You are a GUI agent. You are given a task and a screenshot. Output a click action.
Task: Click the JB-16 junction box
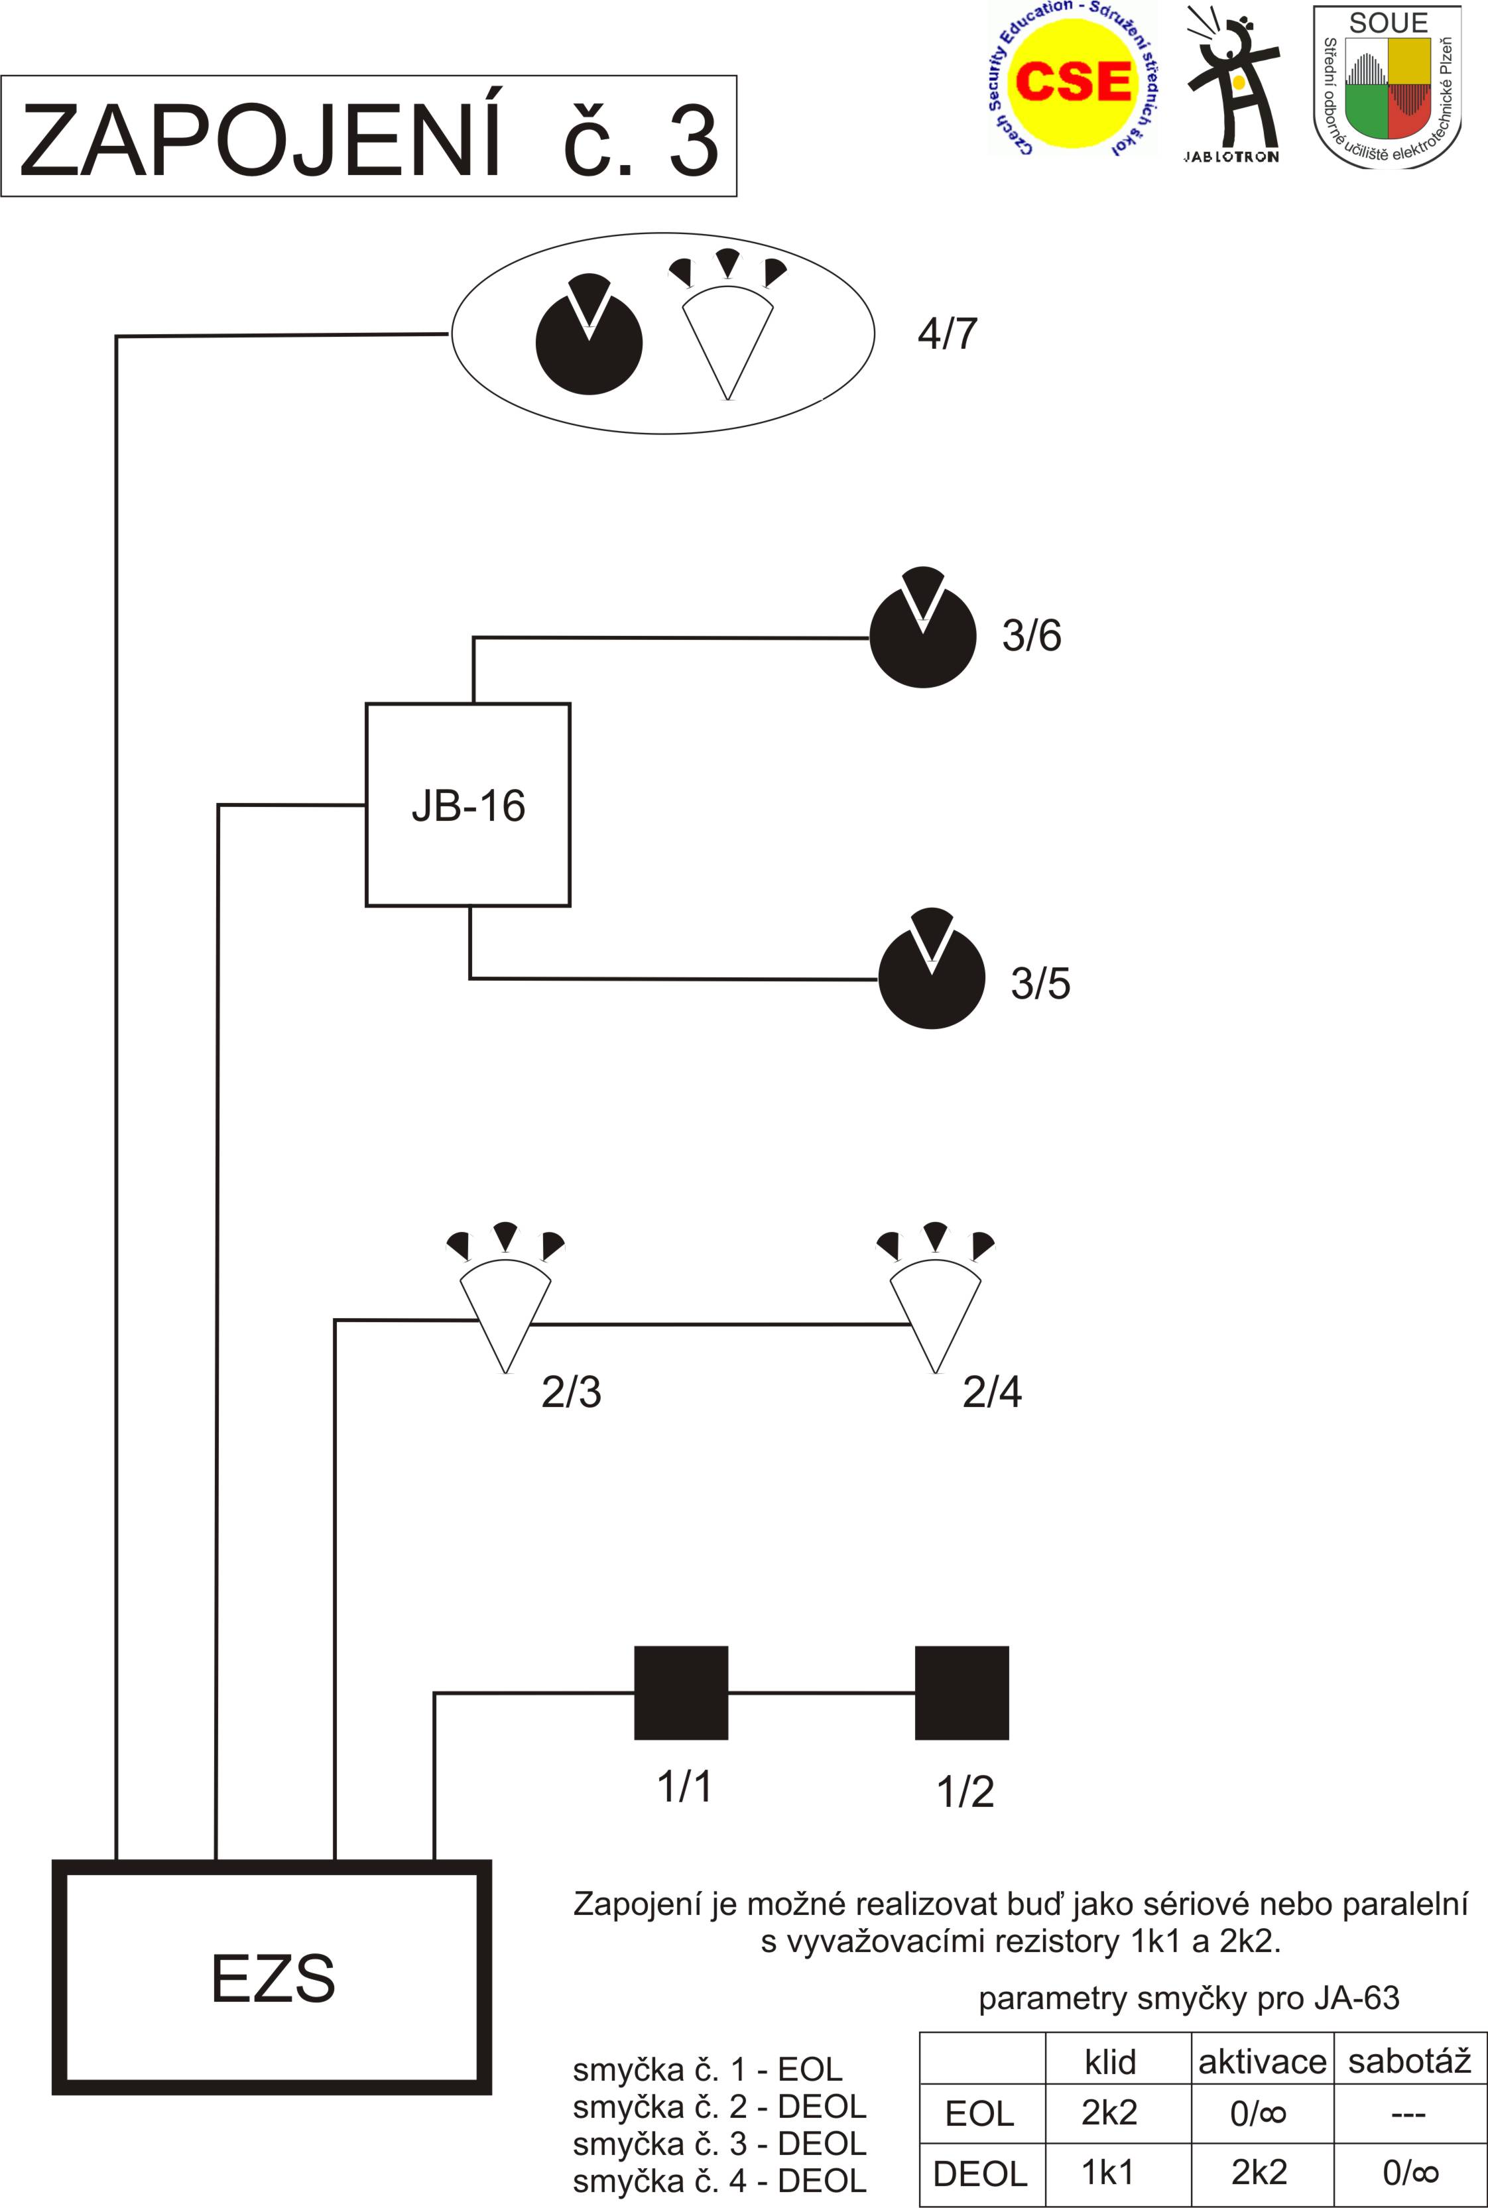pos(468,805)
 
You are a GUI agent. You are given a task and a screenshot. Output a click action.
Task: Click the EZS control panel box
pos(273,1977)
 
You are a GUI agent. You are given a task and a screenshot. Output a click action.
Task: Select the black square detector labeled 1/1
pos(680,1693)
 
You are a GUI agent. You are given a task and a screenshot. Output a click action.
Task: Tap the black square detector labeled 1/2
pos(961,1693)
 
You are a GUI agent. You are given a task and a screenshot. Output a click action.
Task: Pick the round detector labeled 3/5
pos(932,977)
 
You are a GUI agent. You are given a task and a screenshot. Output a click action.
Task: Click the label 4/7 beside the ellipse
pos(947,334)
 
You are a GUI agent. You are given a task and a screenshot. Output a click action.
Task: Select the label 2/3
pos(572,1392)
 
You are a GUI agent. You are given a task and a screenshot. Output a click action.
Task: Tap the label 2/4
pos(992,1392)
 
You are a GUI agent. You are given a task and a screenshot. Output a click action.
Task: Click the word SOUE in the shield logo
pos(1387,23)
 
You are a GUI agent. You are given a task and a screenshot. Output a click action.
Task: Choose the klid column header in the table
pos(1109,2062)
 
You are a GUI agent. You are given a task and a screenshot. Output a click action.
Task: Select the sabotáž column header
pos(1409,2062)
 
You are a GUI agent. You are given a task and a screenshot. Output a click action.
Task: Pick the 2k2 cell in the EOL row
pos(1109,2113)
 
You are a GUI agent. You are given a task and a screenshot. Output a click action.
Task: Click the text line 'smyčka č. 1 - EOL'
pos(707,2069)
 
